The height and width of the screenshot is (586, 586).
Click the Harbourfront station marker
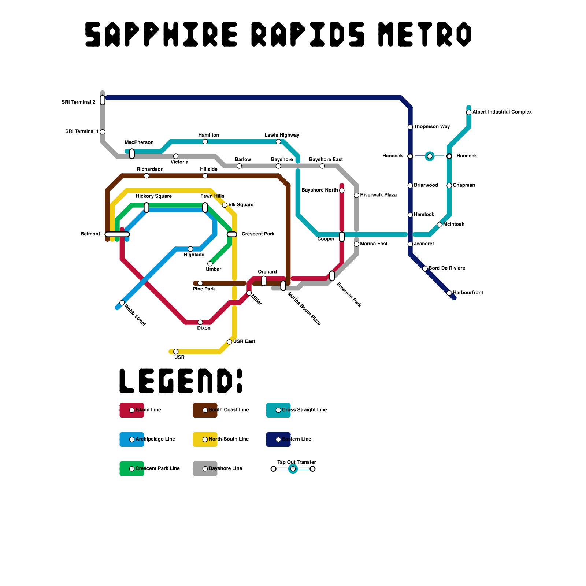(449, 293)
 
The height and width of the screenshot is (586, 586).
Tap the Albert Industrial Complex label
(502, 112)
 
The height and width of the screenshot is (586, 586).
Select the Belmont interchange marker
(117, 234)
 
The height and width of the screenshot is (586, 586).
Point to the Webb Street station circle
(122, 303)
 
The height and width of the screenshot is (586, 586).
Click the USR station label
(179, 357)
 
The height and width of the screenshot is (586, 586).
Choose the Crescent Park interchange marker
(232, 234)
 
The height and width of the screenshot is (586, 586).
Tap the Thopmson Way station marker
(410, 127)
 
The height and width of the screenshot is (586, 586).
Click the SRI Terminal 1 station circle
(103, 132)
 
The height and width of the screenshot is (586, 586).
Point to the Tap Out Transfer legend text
(297, 463)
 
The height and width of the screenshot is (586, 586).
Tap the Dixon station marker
(200, 322)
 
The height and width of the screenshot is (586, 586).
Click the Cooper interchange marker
(342, 237)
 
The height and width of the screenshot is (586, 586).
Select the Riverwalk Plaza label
(378, 195)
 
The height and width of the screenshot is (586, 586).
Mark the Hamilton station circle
(205, 142)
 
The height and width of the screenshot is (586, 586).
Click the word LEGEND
(181, 381)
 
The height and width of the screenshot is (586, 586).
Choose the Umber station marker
(210, 264)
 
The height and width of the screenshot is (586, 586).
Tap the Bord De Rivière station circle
(425, 268)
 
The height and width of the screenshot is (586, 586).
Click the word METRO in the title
(425, 34)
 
